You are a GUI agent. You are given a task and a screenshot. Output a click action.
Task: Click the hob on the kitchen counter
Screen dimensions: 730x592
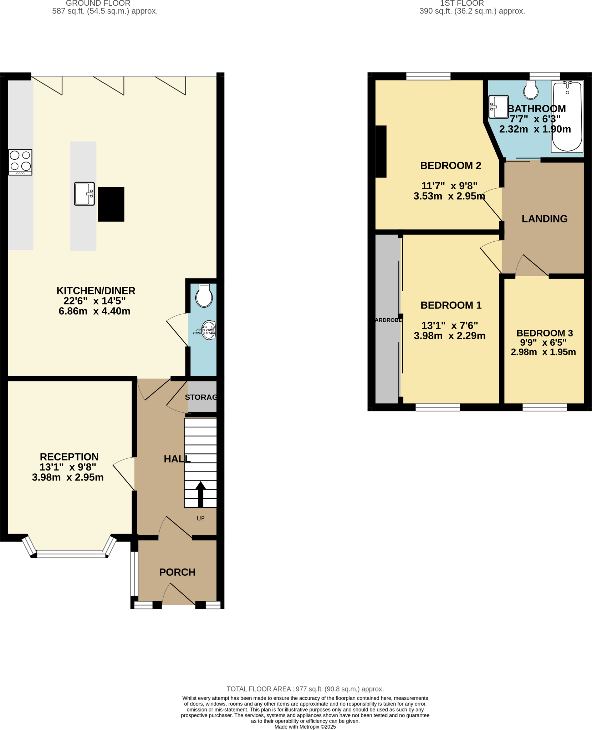coord(20,162)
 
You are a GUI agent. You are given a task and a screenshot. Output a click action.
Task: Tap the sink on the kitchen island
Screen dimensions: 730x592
coord(85,194)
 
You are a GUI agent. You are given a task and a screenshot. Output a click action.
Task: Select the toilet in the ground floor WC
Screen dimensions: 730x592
coord(204,295)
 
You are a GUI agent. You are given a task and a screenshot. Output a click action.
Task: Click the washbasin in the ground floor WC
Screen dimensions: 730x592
coord(209,330)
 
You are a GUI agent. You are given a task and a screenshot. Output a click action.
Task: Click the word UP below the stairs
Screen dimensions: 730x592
coord(201,518)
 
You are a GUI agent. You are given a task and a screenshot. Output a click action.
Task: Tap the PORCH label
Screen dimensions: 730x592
coord(177,572)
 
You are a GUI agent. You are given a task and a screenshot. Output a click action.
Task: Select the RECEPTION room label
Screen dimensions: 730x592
coord(69,457)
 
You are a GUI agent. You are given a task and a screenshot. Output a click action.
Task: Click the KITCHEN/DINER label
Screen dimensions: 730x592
coord(96,291)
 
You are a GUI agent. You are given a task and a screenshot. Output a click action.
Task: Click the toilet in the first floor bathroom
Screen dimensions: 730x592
coord(531,90)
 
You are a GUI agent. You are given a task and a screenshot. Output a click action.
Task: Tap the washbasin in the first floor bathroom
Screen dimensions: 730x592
coord(499,107)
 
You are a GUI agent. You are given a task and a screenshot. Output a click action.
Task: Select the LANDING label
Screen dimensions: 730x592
coord(545,219)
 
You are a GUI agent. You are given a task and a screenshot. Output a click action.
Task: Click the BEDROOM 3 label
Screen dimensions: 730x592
coord(545,333)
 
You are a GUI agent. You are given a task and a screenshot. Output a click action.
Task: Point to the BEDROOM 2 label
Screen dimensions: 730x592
coord(451,165)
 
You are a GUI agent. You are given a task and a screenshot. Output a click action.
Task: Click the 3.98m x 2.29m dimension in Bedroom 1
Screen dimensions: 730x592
coord(450,336)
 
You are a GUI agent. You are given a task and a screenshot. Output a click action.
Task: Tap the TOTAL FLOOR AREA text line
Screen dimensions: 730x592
coord(305,689)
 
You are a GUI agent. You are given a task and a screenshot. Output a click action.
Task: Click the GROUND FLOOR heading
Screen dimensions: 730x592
coord(98,4)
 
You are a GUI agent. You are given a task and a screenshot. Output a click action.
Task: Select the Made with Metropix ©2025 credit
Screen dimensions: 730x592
coord(305,727)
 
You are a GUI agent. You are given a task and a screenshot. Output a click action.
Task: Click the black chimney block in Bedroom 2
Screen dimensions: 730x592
coord(381,151)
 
